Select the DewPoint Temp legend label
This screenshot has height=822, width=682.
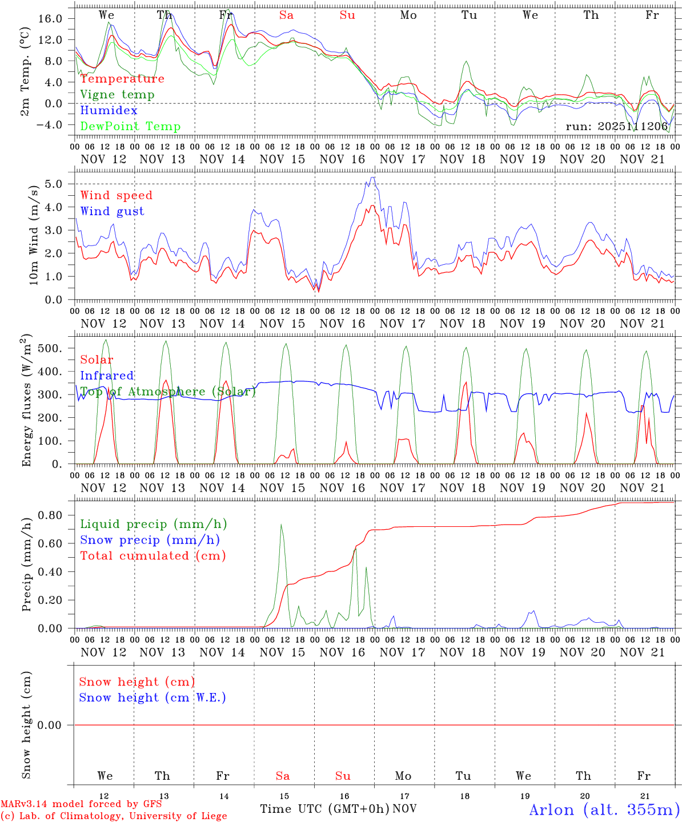point(130,127)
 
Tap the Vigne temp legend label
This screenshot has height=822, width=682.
point(117,95)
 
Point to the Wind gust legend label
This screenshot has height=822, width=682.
point(112,211)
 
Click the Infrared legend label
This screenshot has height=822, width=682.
point(107,376)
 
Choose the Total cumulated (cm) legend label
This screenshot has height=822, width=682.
point(153,555)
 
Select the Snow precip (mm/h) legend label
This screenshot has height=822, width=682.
point(150,540)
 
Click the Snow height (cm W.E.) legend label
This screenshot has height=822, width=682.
point(153,698)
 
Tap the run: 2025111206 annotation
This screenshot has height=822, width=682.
point(616,126)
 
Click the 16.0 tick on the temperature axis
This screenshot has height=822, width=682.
point(51,18)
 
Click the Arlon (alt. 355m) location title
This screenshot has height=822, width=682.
point(604,809)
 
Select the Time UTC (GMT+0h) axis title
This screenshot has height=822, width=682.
point(325,809)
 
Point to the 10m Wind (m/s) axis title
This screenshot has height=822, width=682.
point(34,235)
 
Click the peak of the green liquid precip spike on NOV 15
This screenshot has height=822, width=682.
point(281,524)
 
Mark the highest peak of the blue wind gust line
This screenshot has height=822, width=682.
point(372,177)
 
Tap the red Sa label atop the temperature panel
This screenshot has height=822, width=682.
point(286,15)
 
